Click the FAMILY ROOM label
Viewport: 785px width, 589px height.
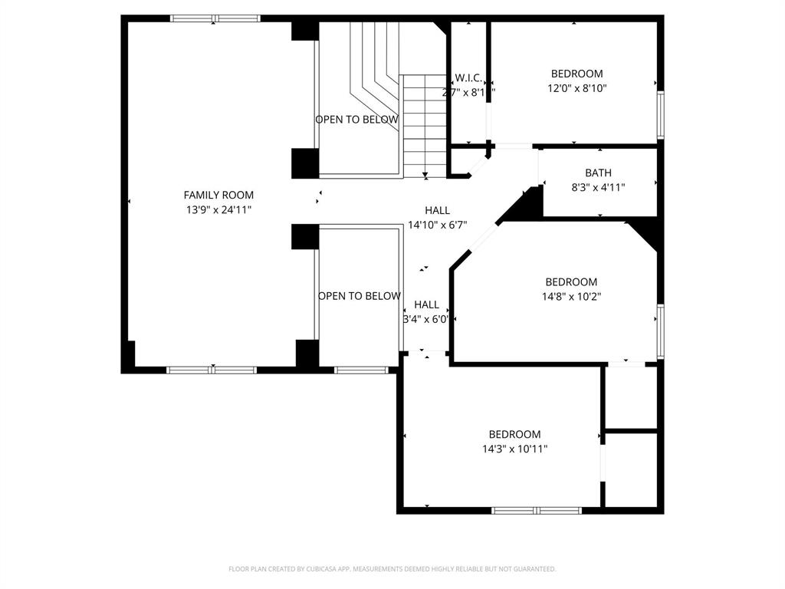click(218, 196)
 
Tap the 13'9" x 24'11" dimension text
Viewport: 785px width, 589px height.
click(218, 209)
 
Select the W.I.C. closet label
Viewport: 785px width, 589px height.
click(468, 77)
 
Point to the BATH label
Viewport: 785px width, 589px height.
click(598, 173)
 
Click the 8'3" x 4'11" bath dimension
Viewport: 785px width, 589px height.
click(598, 187)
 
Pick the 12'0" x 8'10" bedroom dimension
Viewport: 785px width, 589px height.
click(576, 88)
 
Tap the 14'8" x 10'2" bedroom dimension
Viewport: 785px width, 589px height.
click(571, 296)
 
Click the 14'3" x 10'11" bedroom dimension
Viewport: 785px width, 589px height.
click(515, 449)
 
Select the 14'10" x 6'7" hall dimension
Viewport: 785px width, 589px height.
click(438, 225)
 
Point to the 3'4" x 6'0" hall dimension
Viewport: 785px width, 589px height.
click(426, 319)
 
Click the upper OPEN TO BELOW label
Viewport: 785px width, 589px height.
click(356, 120)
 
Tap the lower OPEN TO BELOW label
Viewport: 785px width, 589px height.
click(359, 296)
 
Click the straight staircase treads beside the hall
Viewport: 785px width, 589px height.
click(424, 127)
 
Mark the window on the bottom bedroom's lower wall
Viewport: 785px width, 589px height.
click(537, 510)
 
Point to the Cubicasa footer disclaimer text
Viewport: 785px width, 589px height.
click(392, 569)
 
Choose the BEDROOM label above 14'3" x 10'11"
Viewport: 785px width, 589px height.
click(515, 434)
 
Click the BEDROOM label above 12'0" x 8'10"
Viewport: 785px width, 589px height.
click(576, 74)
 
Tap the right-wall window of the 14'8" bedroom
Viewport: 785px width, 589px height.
click(660, 331)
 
